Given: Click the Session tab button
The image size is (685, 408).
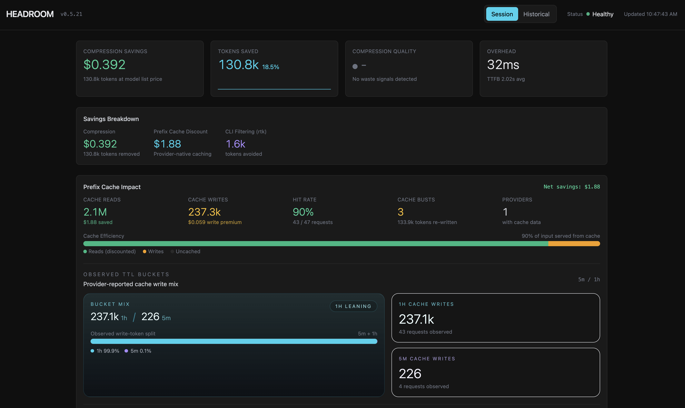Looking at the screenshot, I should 502,14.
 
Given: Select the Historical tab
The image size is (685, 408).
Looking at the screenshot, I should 536,14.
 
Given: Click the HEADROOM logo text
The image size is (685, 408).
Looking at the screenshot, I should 30,14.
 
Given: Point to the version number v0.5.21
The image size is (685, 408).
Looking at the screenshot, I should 71,14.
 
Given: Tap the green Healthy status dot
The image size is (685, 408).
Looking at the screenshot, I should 588,14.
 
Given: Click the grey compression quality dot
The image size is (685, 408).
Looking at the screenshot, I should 355,66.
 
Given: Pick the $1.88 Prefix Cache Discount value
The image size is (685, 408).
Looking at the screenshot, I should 167,144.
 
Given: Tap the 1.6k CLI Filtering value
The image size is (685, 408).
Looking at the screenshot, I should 235,144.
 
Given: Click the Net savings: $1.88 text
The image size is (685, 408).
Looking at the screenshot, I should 571,187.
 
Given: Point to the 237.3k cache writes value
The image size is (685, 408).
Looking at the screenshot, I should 204,212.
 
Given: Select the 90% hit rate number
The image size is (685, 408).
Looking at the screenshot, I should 303,212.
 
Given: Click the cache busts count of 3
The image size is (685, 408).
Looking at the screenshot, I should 400,212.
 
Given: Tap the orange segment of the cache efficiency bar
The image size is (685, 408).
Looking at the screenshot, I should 574,244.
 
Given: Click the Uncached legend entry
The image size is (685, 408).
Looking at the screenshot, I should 188,251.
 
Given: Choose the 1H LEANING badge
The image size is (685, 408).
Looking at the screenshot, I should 353,306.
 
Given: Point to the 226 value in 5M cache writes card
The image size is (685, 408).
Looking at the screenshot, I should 410,374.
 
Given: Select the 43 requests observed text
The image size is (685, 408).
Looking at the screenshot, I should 425,332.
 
